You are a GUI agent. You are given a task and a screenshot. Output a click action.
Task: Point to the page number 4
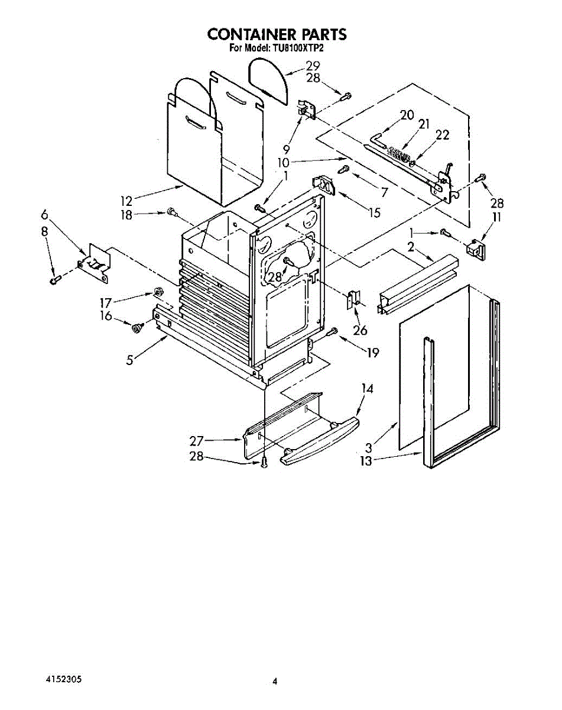pyautogui.click(x=274, y=682)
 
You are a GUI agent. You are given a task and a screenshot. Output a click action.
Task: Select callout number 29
pyautogui.click(x=313, y=66)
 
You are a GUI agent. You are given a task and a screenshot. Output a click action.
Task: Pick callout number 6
pyautogui.click(x=44, y=215)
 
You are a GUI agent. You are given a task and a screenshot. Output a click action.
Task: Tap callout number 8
pyautogui.click(x=44, y=232)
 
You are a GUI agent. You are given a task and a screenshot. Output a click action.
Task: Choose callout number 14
pyautogui.click(x=368, y=389)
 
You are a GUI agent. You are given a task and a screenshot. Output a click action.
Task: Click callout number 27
pyautogui.click(x=197, y=440)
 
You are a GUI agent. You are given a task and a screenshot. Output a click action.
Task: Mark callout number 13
pyautogui.click(x=366, y=461)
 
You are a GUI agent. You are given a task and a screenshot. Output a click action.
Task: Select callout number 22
pyautogui.click(x=442, y=135)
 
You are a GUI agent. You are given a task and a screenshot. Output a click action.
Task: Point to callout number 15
pyautogui.click(x=374, y=212)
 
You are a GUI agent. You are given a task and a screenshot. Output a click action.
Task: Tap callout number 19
pyautogui.click(x=372, y=353)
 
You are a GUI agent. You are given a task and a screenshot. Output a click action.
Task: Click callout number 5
pyautogui.click(x=130, y=359)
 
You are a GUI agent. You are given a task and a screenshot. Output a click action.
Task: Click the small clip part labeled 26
pyautogui.click(x=352, y=300)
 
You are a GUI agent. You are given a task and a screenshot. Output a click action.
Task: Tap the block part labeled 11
pyautogui.click(x=476, y=248)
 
